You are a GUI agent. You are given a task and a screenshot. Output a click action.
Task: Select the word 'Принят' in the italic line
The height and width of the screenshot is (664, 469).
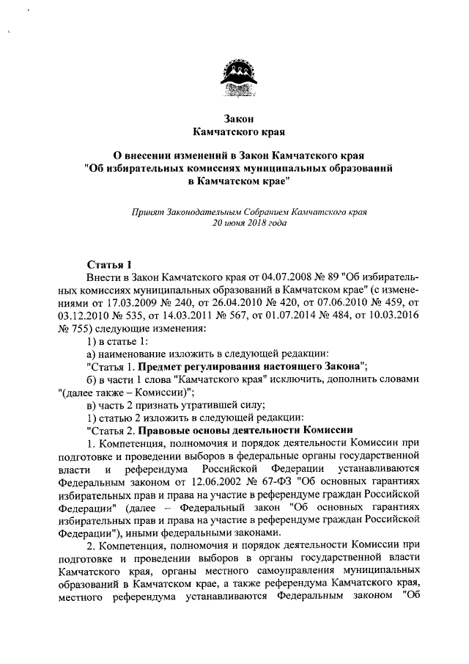[x=147, y=211]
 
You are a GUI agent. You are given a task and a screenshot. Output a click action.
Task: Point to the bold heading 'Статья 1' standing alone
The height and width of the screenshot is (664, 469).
[x=109, y=265]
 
